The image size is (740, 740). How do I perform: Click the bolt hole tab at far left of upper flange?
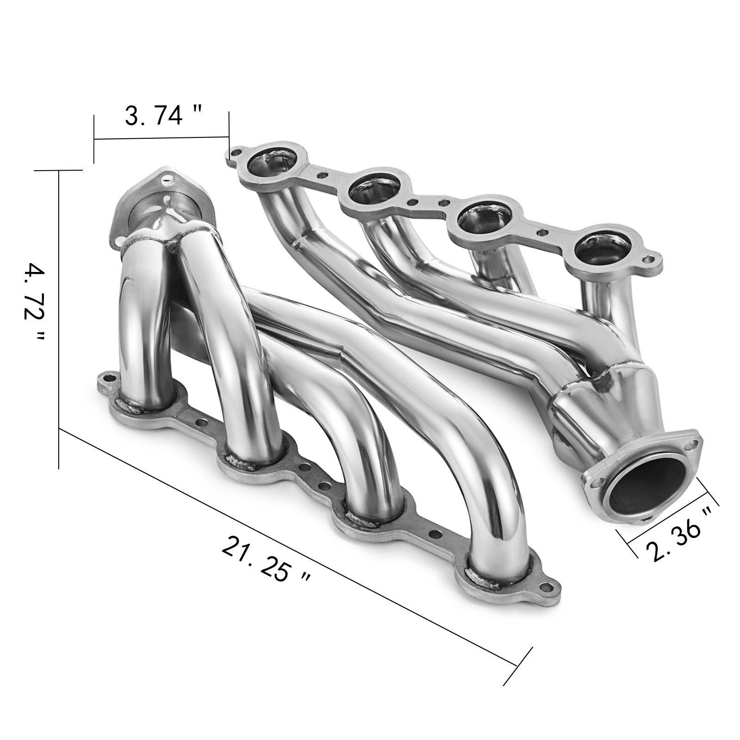pos(237,153)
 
